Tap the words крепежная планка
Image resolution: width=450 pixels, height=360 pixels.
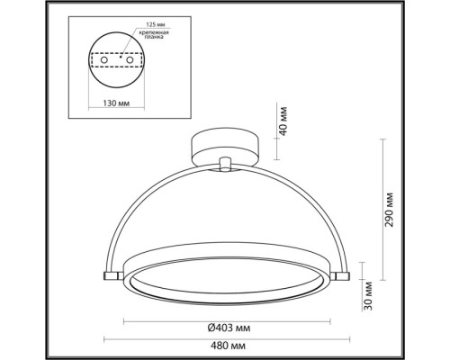click(156, 36)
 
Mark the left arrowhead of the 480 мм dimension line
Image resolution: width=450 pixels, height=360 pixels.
click(106, 338)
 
